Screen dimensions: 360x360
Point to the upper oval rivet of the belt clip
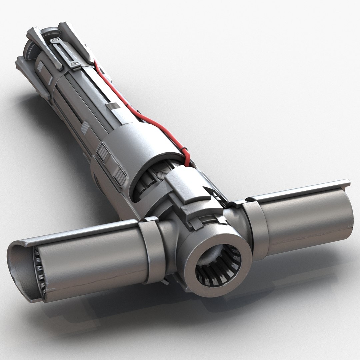coord(54,41)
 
